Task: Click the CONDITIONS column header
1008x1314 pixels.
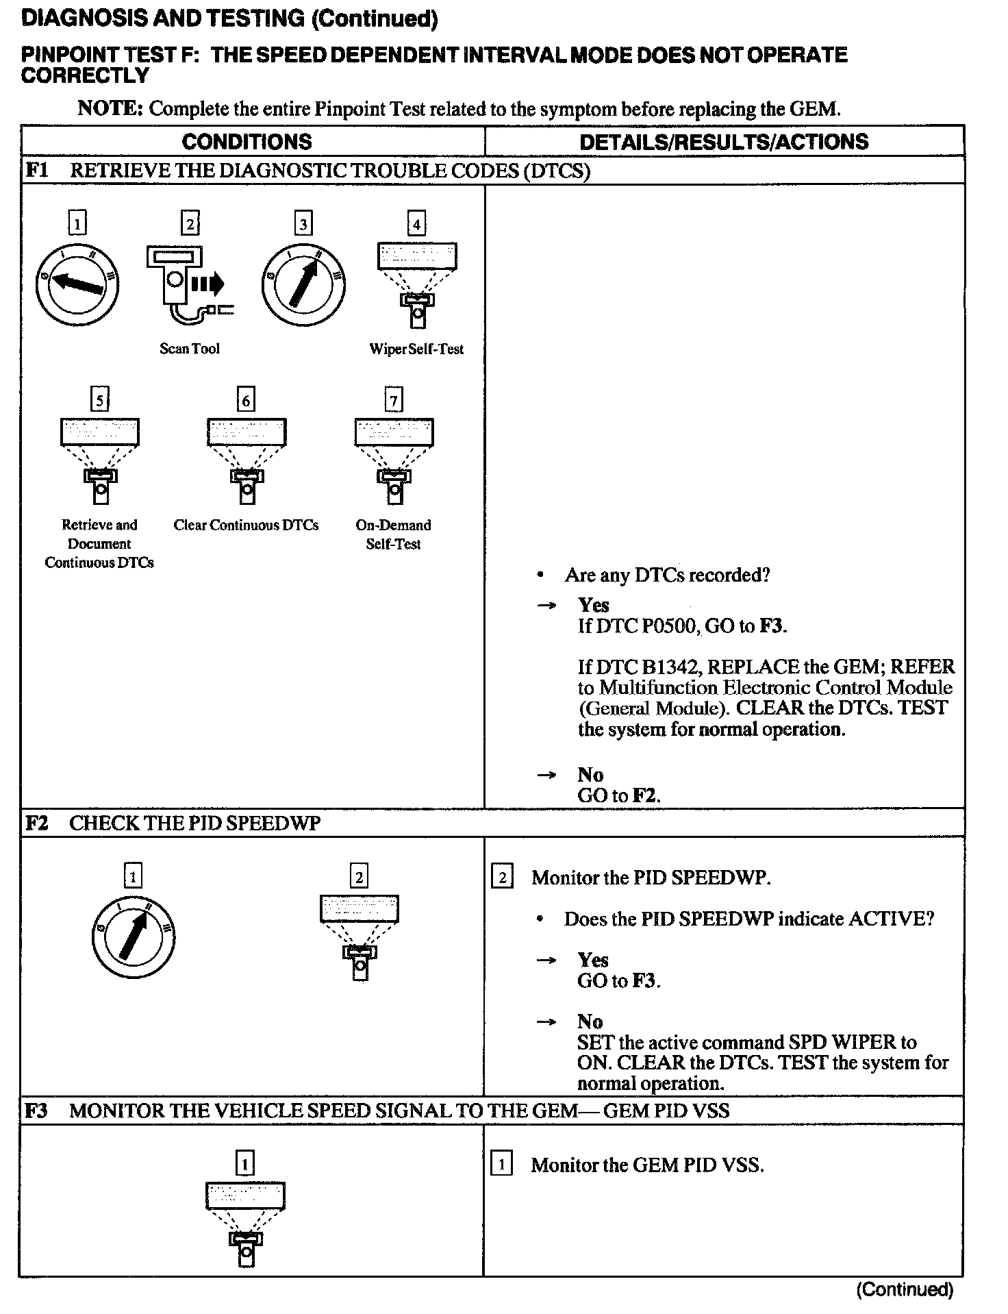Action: click(x=247, y=142)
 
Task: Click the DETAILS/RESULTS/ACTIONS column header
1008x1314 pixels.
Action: click(x=724, y=142)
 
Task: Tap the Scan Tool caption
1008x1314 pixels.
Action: click(x=190, y=349)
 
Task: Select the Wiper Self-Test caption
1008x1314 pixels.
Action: click(x=416, y=349)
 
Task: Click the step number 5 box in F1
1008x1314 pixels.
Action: click(x=100, y=399)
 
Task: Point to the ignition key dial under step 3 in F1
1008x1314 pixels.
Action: click(x=303, y=284)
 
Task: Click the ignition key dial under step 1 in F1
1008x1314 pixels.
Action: click(x=77, y=284)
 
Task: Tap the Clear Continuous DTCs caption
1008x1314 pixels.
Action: click(x=246, y=525)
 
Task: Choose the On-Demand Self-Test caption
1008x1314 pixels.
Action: click(x=393, y=534)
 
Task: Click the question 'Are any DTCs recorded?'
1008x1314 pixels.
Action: click(x=667, y=575)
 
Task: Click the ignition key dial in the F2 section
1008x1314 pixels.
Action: click(x=134, y=937)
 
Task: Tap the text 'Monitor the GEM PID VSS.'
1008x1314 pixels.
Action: click(x=647, y=1165)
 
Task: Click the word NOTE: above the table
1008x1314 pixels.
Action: click(x=110, y=108)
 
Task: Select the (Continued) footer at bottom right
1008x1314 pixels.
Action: click(x=904, y=1289)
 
